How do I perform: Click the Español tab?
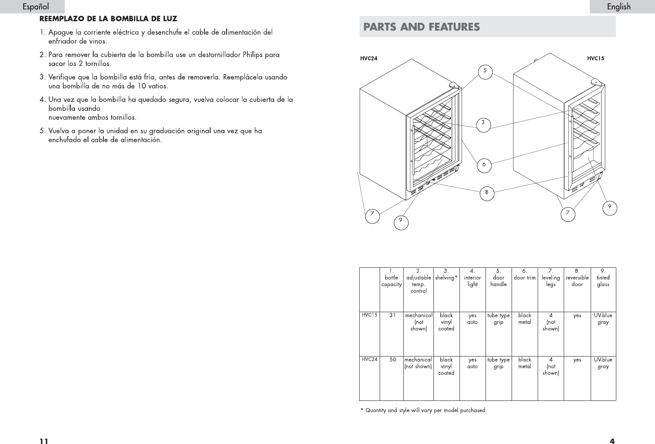pyautogui.click(x=35, y=7)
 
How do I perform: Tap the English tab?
pyautogui.click(x=618, y=7)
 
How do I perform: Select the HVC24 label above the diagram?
pyautogui.click(x=369, y=58)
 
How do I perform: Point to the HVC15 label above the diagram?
pyautogui.click(x=595, y=58)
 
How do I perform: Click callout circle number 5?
pyautogui.click(x=485, y=71)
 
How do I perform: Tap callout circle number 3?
pyautogui.click(x=483, y=122)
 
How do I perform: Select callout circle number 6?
pyautogui.click(x=484, y=165)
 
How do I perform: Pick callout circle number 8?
pyautogui.click(x=486, y=192)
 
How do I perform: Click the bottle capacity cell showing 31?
pyautogui.click(x=392, y=315)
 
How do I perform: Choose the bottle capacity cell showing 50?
pyautogui.click(x=392, y=360)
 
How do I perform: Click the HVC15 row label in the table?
pyautogui.click(x=369, y=315)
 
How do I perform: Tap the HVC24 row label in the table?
pyautogui.click(x=369, y=359)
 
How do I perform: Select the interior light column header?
pyautogui.click(x=473, y=278)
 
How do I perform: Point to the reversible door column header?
pyautogui.click(x=577, y=278)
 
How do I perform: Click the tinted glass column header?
pyautogui.click(x=603, y=278)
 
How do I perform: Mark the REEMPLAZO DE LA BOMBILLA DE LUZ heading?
pyautogui.click(x=108, y=19)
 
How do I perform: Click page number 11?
pyautogui.click(x=44, y=440)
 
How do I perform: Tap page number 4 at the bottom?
pyautogui.click(x=612, y=440)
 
